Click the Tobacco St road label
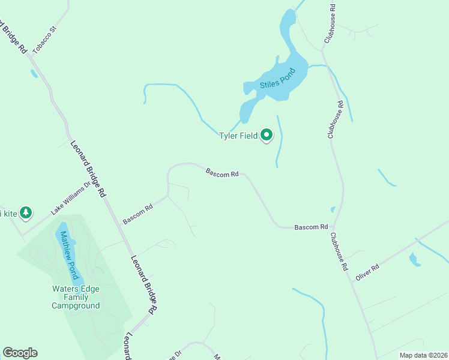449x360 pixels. pyautogui.click(x=44, y=40)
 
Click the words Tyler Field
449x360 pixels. pyautogui.click(x=238, y=136)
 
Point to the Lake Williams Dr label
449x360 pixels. pyautogui.click(x=70, y=198)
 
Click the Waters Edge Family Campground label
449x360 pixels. pyautogui.click(x=76, y=297)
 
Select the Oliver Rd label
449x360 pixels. pyautogui.click(x=367, y=272)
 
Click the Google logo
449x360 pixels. pyautogui.click(x=20, y=353)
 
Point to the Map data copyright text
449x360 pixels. pyautogui.click(x=423, y=355)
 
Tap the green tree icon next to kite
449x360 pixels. pyautogui.click(x=25, y=212)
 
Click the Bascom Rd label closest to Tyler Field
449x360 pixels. pyautogui.click(x=222, y=173)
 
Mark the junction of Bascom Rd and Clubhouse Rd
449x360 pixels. pyautogui.click(x=334, y=227)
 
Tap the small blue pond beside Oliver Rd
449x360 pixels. pyautogui.click(x=414, y=259)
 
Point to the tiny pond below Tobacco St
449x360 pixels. pyautogui.click(x=34, y=74)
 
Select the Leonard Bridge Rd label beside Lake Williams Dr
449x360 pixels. pyautogui.click(x=88, y=169)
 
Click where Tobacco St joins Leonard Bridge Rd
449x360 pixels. pyautogui.click(x=28, y=55)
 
